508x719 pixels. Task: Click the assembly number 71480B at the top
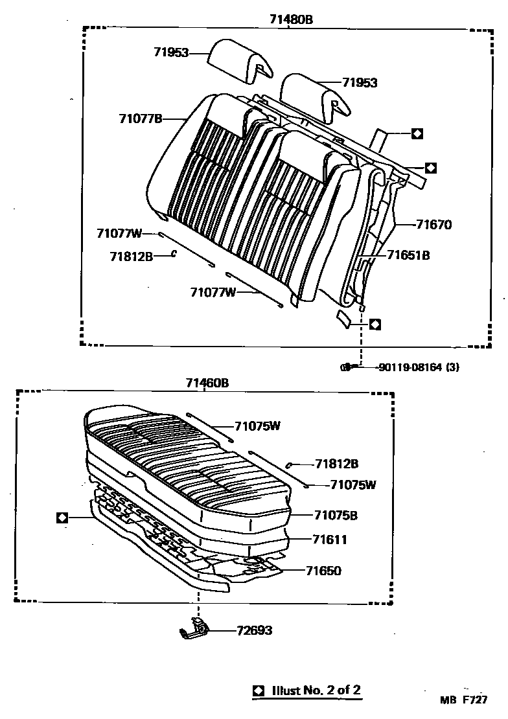click(291, 19)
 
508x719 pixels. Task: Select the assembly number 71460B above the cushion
click(206, 383)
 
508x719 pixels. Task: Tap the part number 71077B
click(140, 118)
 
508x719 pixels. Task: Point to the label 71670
click(433, 225)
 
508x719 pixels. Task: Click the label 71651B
click(408, 255)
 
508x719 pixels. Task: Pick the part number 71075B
click(336, 516)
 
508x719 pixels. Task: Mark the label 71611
click(330, 539)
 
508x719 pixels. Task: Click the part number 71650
click(323, 571)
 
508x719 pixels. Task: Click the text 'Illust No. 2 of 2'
click(316, 690)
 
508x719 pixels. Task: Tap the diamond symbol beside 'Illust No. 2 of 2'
click(259, 690)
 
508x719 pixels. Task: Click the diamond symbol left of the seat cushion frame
click(62, 517)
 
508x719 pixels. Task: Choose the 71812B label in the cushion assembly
click(337, 464)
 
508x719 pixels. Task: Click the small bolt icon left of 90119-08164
click(347, 367)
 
